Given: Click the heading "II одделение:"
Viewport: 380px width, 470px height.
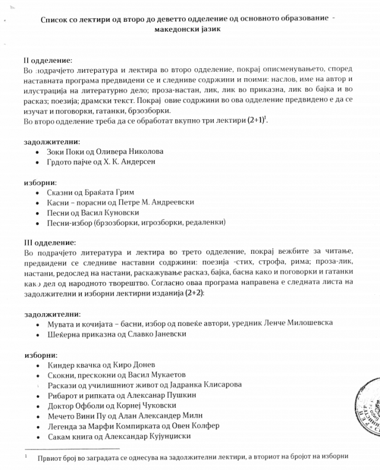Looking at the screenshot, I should (x=48, y=60).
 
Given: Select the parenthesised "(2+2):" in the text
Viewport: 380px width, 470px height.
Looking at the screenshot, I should (x=191, y=293).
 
